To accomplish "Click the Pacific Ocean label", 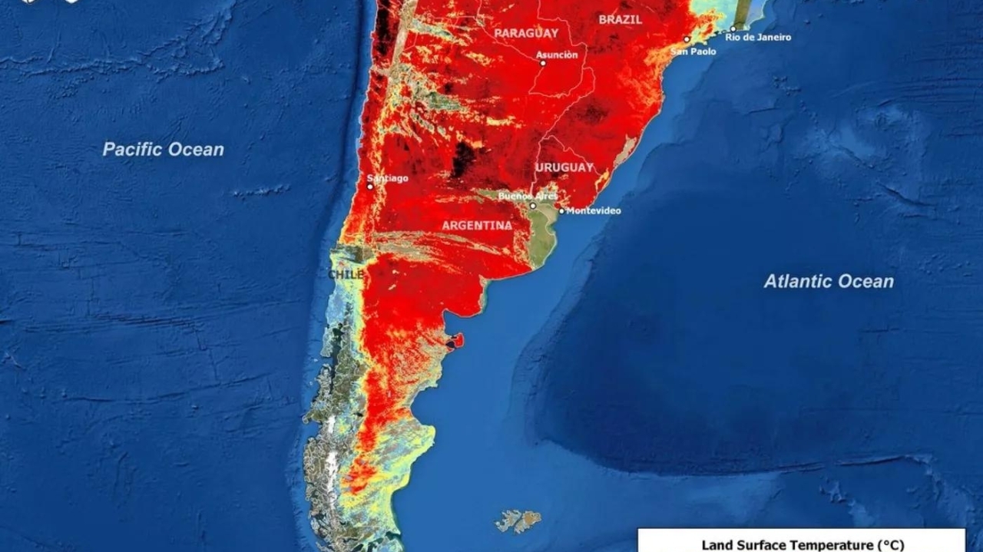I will [x=163, y=150].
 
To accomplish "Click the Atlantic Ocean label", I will [x=829, y=282].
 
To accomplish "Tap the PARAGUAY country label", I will [x=526, y=33].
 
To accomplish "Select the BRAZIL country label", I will [x=620, y=20].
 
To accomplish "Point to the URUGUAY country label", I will [x=564, y=167].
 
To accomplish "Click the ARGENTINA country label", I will [x=477, y=226].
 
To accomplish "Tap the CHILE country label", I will [x=346, y=274].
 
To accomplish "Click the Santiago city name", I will [x=391, y=178].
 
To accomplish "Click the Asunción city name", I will [x=557, y=55].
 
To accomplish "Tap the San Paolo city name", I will [x=693, y=51].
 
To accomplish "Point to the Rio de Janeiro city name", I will [x=758, y=37].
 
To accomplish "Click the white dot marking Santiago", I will [x=369, y=187].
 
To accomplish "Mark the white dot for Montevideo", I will [x=561, y=211].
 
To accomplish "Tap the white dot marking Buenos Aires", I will [x=533, y=206].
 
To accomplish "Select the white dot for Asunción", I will [x=543, y=63].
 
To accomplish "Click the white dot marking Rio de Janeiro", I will [x=733, y=29].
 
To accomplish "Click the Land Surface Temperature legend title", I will [x=803, y=545].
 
